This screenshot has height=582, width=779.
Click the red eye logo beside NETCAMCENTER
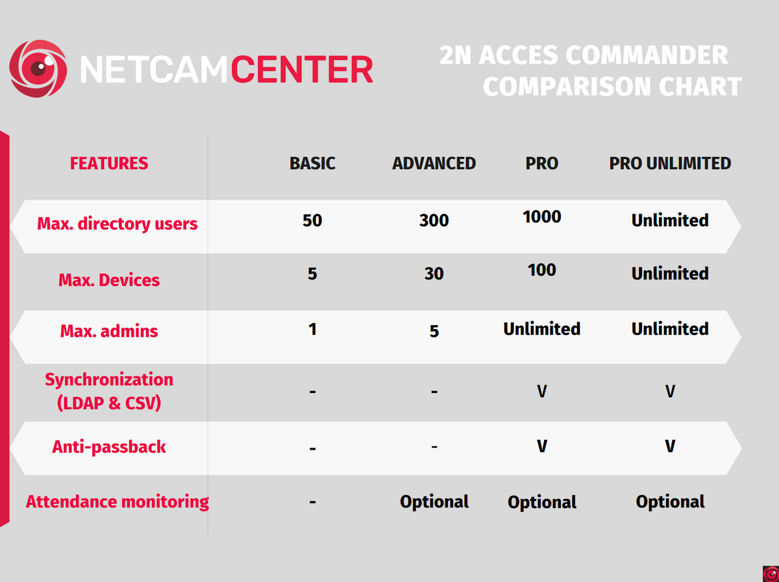tap(38, 68)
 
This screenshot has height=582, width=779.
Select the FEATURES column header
tap(109, 163)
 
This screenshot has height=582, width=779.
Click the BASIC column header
tap(312, 163)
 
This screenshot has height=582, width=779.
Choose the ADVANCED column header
tap(434, 163)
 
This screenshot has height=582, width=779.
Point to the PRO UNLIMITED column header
tap(670, 163)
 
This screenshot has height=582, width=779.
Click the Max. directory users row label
tap(117, 224)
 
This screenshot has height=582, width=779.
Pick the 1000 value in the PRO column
tap(541, 217)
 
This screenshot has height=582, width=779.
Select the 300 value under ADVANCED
tap(434, 221)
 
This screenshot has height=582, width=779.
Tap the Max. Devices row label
tap(109, 280)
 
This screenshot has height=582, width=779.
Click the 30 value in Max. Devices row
tap(434, 274)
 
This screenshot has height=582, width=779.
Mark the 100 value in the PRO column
tap(541, 270)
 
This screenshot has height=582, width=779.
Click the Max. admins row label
tap(109, 331)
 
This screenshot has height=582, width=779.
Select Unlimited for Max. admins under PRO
tap(541, 329)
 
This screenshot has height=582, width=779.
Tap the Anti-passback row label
tap(109, 447)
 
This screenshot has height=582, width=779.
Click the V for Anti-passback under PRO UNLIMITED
tap(670, 447)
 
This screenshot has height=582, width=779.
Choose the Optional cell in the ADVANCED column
tap(434, 502)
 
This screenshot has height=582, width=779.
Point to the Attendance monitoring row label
tap(117, 502)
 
